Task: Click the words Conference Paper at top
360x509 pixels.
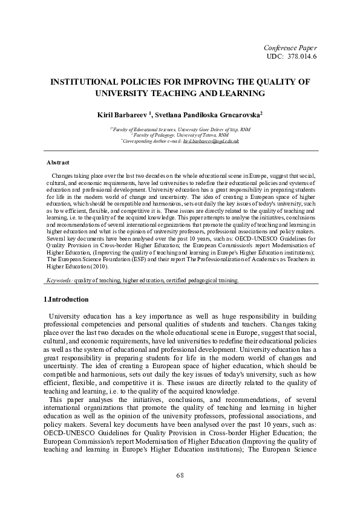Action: pyautogui.click(x=291, y=47)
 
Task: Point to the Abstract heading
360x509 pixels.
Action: pyautogui.click(x=58, y=163)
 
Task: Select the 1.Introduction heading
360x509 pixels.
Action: pyautogui.click(x=67, y=299)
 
